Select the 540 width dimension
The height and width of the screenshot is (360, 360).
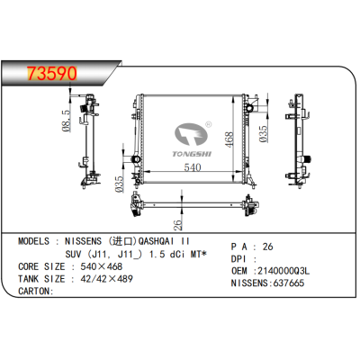tap(185, 167)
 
